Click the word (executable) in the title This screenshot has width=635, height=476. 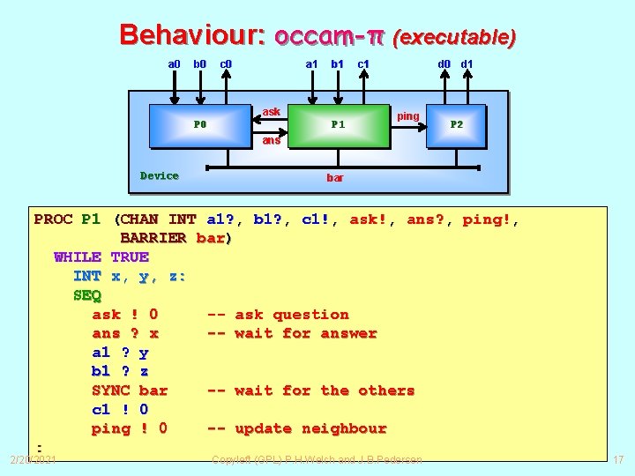[454, 37]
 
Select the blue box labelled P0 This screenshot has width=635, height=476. [200, 125]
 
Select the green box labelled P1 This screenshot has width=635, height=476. [338, 125]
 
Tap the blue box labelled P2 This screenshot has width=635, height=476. [457, 125]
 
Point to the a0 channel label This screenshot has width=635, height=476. [174, 63]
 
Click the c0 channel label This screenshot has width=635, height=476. [226, 63]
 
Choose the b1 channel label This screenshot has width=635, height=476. [337, 63]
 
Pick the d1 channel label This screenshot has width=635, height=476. [467, 63]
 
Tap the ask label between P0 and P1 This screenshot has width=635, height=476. [272, 112]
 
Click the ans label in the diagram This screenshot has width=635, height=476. [272, 140]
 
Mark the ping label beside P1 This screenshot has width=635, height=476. [408, 116]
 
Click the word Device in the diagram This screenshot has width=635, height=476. [160, 175]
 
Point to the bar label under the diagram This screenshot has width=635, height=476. [335, 177]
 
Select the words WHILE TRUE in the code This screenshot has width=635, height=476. [101, 257]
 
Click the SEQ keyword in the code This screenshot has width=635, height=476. [87, 295]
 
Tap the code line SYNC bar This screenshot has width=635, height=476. [130, 390]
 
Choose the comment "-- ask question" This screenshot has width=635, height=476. [278, 314]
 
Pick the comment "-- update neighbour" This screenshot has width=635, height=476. [296, 428]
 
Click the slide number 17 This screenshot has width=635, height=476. [618, 459]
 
